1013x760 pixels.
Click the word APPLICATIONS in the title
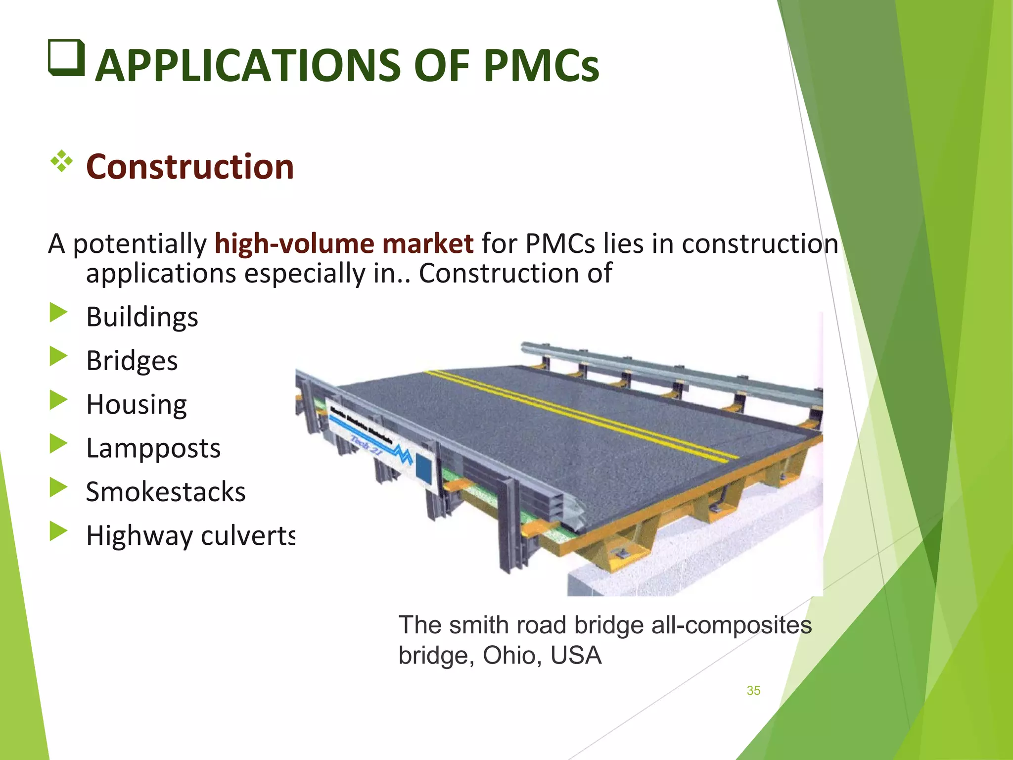247,66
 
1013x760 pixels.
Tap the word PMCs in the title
541,66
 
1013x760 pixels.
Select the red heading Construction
190,166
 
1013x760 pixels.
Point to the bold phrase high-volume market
344,243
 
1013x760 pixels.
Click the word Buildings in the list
142,317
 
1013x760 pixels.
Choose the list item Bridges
132,360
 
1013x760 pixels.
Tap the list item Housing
137,404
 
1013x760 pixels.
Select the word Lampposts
153,448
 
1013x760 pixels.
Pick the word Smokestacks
166,492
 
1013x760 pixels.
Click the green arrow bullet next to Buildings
58,313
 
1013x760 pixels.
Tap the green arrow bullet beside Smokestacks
58,488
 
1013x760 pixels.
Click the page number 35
753,690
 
